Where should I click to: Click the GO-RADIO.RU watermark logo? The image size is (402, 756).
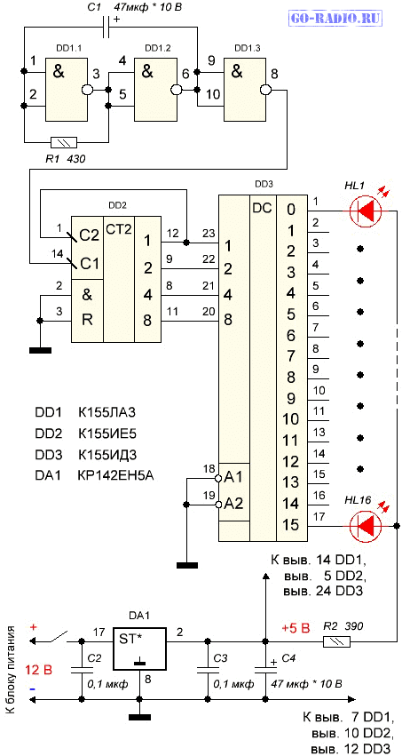pyautogui.click(x=336, y=19)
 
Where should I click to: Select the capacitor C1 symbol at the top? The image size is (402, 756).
pyautogui.click(x=108, y=28)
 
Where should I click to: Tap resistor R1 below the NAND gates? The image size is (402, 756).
pyautogui.click(x=64, y=142)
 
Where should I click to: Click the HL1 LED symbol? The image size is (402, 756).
pyautogui.click(x=366, y=211)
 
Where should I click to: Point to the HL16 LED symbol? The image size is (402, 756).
pyautogui.click(x=366, y=525)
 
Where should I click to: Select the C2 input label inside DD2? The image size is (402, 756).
pyautogui.click(x=90, y=236)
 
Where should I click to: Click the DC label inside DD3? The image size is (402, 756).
pyautogui.click(x=263, y=208)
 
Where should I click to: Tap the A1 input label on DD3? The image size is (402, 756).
pyautogui.click(x=234, y=478)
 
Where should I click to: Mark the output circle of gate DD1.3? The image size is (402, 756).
pyautogui.click(x=264, y=90)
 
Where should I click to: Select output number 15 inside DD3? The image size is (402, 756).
pyautogui.click(x=292, y=524)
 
